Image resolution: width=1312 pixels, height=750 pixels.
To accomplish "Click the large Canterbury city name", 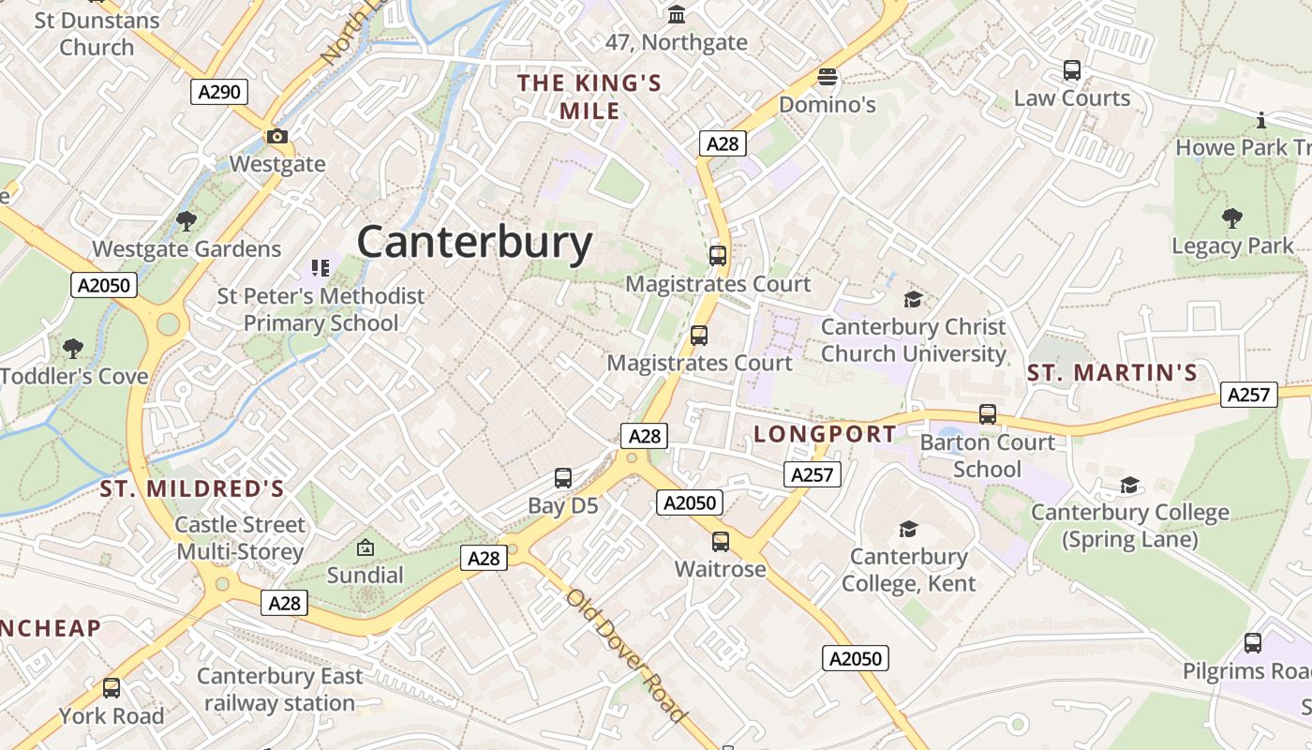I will click(474, 242).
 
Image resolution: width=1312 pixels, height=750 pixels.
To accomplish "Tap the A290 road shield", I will click(220, 92).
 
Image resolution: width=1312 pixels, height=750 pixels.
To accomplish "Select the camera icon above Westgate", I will click(276, 137).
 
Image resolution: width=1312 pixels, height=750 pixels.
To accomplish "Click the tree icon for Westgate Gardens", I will click(186, 221).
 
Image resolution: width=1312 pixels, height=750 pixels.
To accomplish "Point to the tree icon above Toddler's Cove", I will click(73, 349).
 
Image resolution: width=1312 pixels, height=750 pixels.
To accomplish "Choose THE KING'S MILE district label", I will click(589, 97).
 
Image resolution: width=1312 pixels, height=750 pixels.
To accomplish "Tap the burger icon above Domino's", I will click(827, 77).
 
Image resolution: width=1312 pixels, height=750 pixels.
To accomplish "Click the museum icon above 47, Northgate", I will click(676, 15).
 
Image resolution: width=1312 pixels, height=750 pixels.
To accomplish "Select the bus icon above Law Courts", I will click(1072, 70).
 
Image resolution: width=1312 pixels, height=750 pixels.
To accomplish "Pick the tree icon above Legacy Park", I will click(1232, 218).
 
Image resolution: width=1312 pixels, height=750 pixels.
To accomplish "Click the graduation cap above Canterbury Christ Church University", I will click(913, 299).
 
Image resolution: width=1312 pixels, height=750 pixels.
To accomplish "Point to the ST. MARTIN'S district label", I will click(1112, 373).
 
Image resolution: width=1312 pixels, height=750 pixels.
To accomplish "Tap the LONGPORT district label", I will click(825, 434).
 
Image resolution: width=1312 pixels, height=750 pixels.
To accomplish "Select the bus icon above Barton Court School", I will click(987, 414).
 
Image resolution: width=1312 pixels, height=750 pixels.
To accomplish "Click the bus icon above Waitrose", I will click(720, 542).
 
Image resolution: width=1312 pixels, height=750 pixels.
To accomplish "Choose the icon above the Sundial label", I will click(365, 547).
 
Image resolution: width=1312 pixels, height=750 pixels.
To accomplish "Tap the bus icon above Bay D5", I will click(562, 478).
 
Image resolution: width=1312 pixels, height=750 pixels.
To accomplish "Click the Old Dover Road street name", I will click(625, 655).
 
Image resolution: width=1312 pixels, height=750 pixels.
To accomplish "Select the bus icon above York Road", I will click(112, 688).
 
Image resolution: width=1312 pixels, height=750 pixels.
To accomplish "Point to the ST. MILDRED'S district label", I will click(192, 488).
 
